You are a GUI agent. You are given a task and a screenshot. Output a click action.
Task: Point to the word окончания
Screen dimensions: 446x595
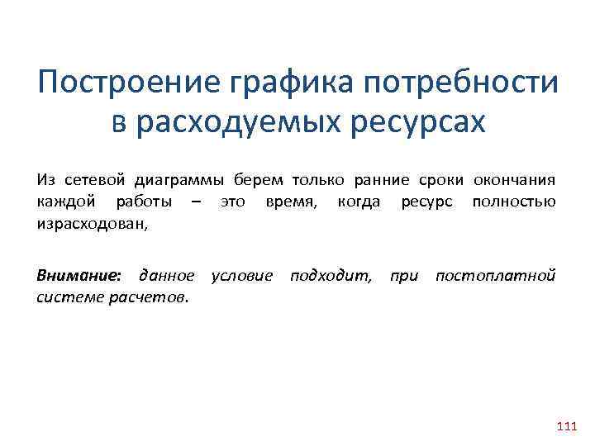(515, 180)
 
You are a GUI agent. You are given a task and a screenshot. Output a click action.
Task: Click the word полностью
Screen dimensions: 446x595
(513, 202)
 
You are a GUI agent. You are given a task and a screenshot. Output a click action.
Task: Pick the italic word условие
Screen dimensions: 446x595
(242, 274)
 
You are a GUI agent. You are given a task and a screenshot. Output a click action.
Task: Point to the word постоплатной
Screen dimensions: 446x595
(495, 274)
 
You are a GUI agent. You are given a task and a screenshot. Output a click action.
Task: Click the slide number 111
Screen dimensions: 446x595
(567, 426)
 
